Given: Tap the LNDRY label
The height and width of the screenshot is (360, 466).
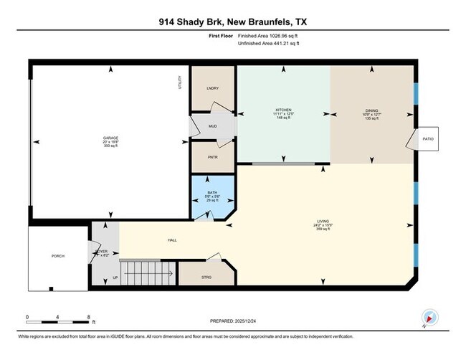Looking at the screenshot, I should click(x=212, y=88).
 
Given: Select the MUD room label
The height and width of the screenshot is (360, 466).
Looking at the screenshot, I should click(x=212, y=126).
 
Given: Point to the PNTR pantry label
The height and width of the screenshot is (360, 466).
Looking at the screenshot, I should click(x=212, y=157).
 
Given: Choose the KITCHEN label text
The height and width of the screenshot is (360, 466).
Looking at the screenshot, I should click(x=283, y=110).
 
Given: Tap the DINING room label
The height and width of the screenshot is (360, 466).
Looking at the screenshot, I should click(x=371, y=110).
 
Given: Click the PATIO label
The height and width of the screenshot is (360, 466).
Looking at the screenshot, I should click(x=428, y=138).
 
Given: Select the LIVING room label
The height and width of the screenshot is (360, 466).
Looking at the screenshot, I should click(x=325, y=222).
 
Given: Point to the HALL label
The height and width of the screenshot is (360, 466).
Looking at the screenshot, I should click(x=172, y=240).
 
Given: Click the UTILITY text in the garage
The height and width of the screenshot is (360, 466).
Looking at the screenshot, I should click(x=180, y=83).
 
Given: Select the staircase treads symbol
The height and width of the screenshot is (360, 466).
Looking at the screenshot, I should click(x=147, y=273).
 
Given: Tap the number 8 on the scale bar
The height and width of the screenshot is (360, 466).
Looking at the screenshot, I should click(x=87, y=317).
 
